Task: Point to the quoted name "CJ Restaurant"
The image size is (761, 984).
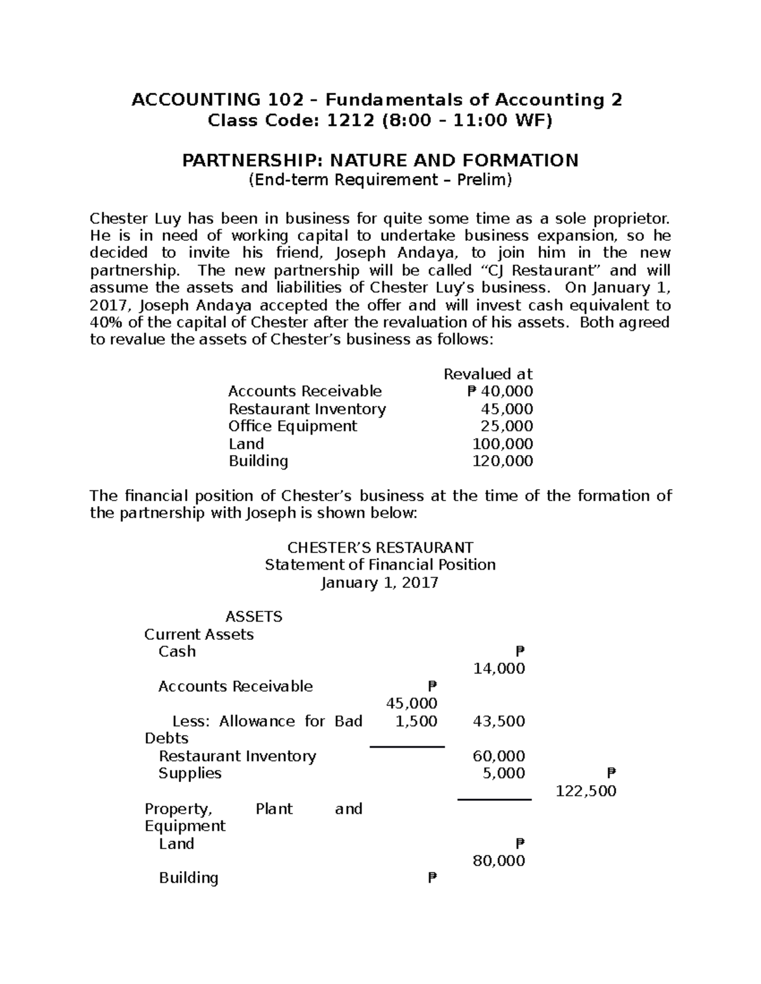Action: click(550, 271)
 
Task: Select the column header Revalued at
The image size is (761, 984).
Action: click(488, 374)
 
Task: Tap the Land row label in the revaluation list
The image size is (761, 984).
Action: click(246, 444)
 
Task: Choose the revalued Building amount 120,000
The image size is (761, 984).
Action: click(502, 461)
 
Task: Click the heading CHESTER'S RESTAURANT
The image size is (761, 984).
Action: click(380, 547)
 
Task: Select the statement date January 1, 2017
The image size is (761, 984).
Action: click(380, 582)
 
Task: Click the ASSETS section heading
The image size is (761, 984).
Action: click(254, 617)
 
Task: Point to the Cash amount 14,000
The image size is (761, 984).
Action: click(499, 668)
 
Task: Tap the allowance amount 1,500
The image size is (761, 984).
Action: click(416, 721)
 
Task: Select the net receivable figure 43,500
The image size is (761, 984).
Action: click(499, 721)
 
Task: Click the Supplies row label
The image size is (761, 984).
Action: click(190, 773)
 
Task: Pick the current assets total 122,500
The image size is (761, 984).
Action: click(586, 791)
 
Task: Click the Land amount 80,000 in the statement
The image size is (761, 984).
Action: click(499, 860)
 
